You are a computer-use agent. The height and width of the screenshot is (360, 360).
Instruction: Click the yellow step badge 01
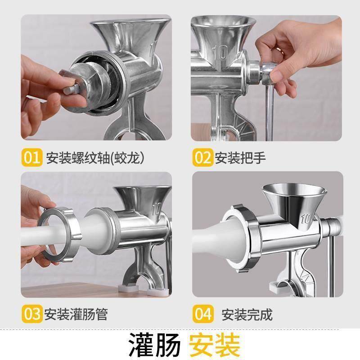click(31, 157)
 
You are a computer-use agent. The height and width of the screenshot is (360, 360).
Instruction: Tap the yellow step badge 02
click(203, 157)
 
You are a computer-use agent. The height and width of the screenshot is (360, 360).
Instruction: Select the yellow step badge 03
click(31, 313)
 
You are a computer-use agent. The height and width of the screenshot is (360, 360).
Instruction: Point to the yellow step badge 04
click(203, 313)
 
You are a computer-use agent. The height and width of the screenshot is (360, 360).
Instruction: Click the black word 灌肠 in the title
click(155, 344)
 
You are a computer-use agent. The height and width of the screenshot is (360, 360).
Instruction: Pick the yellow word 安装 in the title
click(214, 344)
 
